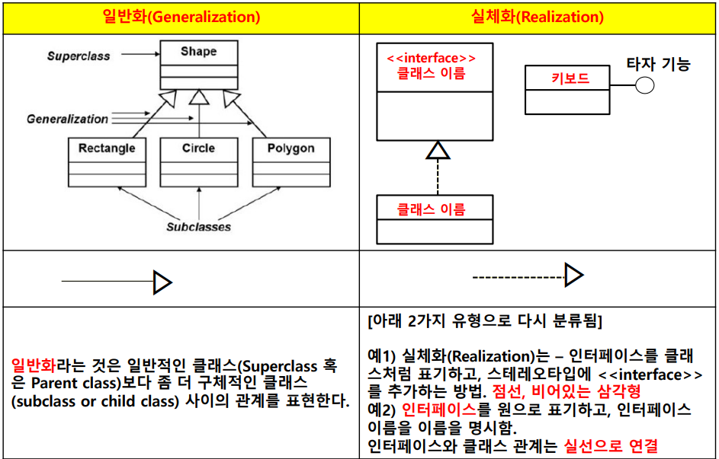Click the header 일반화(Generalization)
pyautogui.click(x=181, y=17)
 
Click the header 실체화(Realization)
pyautogui.click(x=538, y=17)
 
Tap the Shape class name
pyautogui.click(x=198, y=52)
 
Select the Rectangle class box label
pyautogui.click(x=107, y=148)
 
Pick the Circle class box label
pyautogui.click(x=198, y=148)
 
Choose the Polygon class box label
pyautogui.click(x=290, y=148)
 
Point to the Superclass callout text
pyautogui.click(x=79, y=56)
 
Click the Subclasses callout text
pyautogui.click(x=198, y=227)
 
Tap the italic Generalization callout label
pyautogui.click(x=67, y=119)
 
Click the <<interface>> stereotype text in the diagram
pyautogui.click(x=432, y=58)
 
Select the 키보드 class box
pyautogui.click(x=570, y=78)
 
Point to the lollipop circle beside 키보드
pyautogui.click(x=645, y=84)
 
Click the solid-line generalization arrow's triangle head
pyautogui.click(x=162, y=282)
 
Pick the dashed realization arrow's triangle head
pyautogui.click(x=573, y=275)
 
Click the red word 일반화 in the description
pyautogui.click(x=34, y=366)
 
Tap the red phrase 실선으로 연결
pyautogui.click(x=611, y=445)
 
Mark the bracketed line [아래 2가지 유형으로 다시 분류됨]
pyautogui.click(x=484, y=320)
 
